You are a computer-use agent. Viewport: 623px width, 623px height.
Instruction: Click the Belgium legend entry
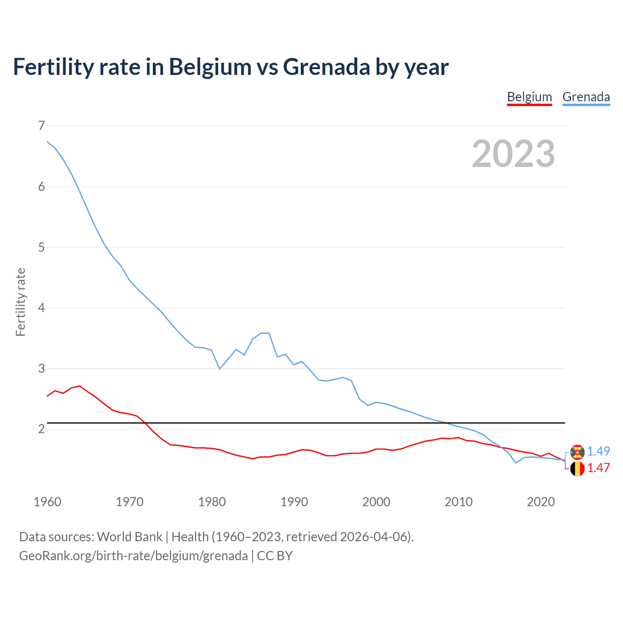point(529,97)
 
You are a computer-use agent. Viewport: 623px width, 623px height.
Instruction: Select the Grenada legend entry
point(586,97)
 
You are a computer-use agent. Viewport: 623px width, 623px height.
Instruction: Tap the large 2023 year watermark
point(513,154)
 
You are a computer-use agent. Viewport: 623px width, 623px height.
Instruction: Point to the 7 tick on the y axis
point(41,126)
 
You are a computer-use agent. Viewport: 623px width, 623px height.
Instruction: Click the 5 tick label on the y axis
point(41,247)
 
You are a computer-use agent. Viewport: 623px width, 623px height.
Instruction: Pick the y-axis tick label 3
point(41,368)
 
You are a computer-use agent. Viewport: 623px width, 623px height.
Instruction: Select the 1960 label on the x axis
point(47,502)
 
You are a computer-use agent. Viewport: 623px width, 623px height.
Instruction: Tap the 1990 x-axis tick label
point(294,502)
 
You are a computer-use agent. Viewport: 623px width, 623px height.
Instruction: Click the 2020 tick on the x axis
point(541,502)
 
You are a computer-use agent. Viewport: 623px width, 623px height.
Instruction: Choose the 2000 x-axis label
point(376,502)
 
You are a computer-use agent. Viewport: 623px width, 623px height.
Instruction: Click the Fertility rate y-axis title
point(20,302)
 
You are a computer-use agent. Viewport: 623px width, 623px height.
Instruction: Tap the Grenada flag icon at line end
point(577,452)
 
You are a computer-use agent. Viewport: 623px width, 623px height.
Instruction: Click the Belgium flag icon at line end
point(577,469)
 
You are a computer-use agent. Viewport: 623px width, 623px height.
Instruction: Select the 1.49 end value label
point(598,451)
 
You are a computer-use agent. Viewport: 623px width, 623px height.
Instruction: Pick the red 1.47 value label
point(598,468)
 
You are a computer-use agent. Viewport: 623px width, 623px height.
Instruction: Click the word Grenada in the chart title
point(327,67)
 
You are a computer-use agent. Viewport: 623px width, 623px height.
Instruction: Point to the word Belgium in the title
point(210,67)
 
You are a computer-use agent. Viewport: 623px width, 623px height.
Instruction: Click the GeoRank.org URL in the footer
point(133,556)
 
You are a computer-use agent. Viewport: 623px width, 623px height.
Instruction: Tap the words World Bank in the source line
point(129,537)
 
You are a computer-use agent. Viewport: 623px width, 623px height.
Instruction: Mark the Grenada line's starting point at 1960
point(47,142)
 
